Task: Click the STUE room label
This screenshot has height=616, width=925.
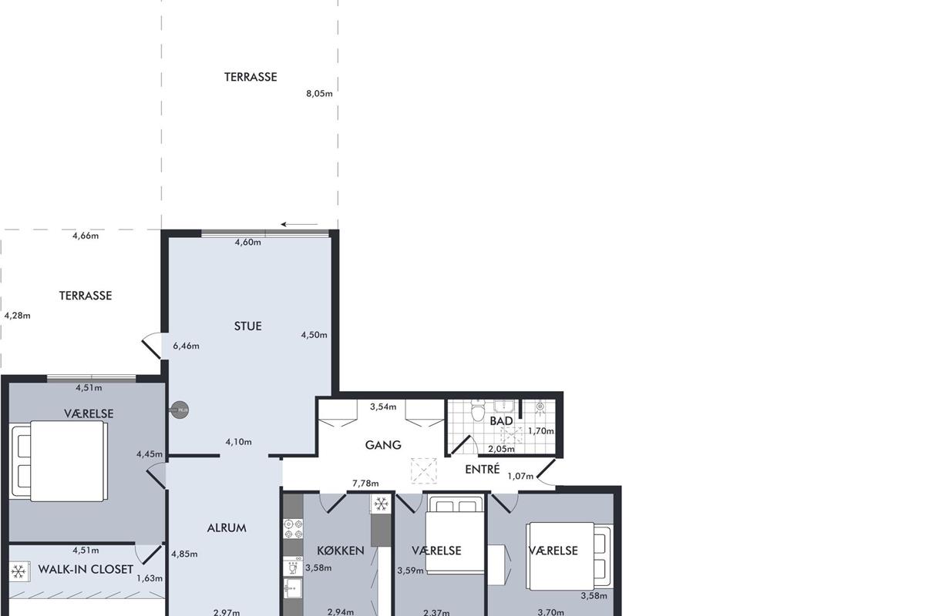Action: click(247, 326)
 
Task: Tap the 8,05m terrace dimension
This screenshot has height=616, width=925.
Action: click(319, 94)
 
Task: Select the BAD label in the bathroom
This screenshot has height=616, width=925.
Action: click(501, 421)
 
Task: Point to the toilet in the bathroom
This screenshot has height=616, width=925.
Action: click(478, 410)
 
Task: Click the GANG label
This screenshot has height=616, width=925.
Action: click(383, 445)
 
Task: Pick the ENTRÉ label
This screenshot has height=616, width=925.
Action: click(483, 469)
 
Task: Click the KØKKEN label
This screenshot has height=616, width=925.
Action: click(341, 551)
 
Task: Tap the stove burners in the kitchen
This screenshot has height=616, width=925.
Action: click(293, 529)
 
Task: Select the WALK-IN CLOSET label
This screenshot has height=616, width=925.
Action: click(86, 569)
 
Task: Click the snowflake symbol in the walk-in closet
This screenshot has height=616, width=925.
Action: click(18, 571)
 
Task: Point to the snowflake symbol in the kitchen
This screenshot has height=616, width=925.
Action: click(380, 504)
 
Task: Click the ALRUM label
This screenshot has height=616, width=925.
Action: click(227, 528)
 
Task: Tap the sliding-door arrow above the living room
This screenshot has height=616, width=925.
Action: click(299, 224)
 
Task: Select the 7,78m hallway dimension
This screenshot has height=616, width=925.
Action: click(365, 483)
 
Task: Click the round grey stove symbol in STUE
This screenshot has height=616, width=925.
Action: click(180, 410)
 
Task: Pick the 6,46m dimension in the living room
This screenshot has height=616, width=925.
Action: click(186, 346)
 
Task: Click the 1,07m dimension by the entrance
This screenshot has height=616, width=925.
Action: click(520, 476)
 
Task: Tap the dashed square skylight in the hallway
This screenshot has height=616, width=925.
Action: click(424, 470)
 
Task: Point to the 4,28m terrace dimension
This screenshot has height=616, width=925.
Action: click(17, 316)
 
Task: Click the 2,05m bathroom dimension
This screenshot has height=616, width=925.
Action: click(501, 449)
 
